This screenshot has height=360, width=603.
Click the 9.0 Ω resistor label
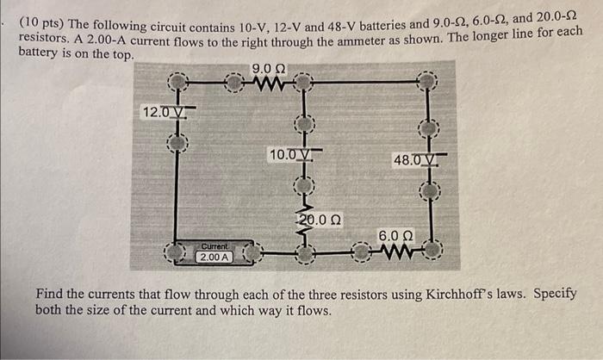coord(269,69)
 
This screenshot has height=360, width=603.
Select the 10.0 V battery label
coord(288,155)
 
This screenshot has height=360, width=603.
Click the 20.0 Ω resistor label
coord(320,220)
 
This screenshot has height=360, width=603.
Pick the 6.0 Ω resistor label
coord(395,235)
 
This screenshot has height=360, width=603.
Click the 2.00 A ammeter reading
coord(214,257)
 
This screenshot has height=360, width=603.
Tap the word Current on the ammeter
coord(214,245)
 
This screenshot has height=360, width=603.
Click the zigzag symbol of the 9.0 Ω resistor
coord(270,84)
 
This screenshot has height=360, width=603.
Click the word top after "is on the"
coord(121,53)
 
